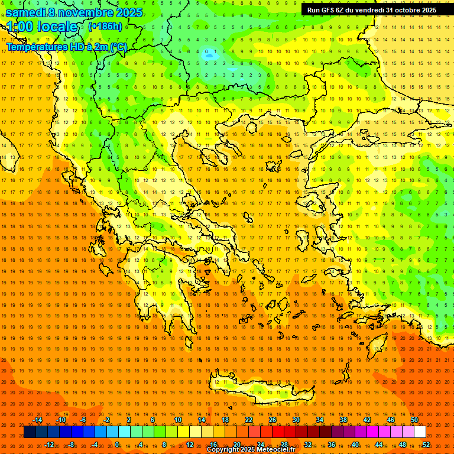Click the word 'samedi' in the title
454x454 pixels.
pos(25,12)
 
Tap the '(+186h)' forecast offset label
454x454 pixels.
pos(105,26)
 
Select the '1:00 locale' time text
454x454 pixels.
pos(42,27)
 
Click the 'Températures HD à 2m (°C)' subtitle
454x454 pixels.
pos(66,47)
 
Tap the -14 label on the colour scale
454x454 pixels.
pos(38,420)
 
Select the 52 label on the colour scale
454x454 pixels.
pos(426,445)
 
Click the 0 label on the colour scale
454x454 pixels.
pos(117,445)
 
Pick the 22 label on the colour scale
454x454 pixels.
pos(249,420)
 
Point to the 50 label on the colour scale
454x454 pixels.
pos(414,420)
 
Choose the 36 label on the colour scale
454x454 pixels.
pos(332,445)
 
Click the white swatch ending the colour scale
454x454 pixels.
pos(420,432)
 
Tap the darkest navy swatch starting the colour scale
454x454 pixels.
pos(30,432)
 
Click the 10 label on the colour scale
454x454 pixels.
pos(178,420)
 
